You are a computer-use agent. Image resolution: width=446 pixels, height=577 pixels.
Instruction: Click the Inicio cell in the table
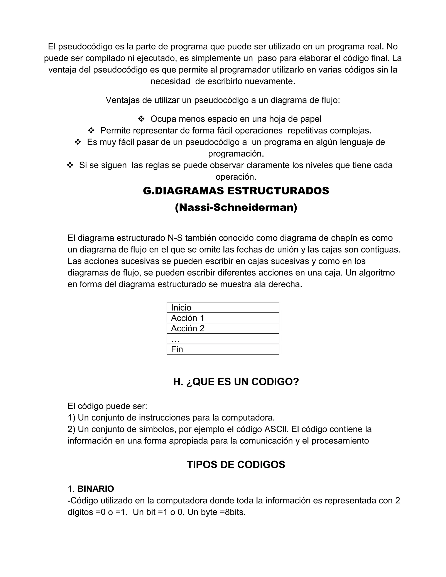tap(223, 307)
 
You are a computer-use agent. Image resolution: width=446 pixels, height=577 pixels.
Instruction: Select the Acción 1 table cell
tap(223, 318)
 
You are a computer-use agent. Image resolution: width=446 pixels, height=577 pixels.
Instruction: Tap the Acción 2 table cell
tap(223, 328)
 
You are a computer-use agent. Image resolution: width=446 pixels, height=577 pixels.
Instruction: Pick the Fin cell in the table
tap(223, 349)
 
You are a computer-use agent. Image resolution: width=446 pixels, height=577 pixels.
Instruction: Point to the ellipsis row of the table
tap(223, 339)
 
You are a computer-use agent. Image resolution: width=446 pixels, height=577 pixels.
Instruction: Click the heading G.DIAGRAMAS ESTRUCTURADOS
tap(236, 191)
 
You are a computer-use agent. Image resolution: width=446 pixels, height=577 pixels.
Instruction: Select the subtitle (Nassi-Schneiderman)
tap(236, 207)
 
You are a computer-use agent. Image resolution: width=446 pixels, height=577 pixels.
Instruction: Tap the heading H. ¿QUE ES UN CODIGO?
tap(236, 382)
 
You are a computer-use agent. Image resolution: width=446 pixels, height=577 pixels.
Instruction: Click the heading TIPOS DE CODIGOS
tap(236, 465)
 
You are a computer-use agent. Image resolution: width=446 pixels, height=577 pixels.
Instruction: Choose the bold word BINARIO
tap(96, 489)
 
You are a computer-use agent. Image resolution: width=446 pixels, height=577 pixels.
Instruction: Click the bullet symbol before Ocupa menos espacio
tap(141, 119)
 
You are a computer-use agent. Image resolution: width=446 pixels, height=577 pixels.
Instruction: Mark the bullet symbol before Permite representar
tap(91, 130)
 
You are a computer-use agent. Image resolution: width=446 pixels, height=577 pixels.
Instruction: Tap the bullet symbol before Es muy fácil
tap(78, 142)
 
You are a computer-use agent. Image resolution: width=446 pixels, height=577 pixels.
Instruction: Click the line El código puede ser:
tap(107, 406)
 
